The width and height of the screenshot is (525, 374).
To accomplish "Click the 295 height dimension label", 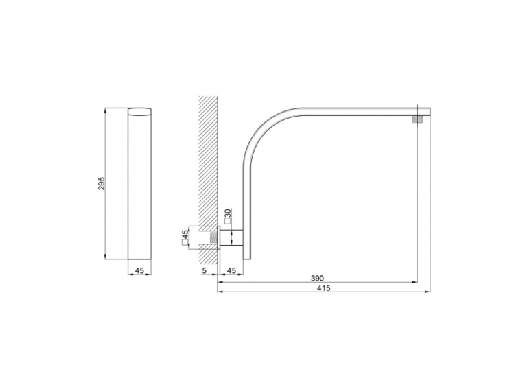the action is pos(102,183).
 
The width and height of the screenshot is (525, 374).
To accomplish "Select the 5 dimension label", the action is pos(205,270).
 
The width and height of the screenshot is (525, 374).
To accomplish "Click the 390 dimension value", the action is pos(318,278).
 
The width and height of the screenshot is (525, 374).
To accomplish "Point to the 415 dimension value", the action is pos(323,288).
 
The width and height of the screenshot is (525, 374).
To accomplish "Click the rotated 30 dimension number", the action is pos(228,213).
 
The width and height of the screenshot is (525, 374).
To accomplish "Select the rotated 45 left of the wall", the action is pos(185,235).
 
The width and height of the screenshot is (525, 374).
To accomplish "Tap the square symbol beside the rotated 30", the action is pos(228,221).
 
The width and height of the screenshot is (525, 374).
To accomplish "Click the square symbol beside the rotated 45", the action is pos(185,244).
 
